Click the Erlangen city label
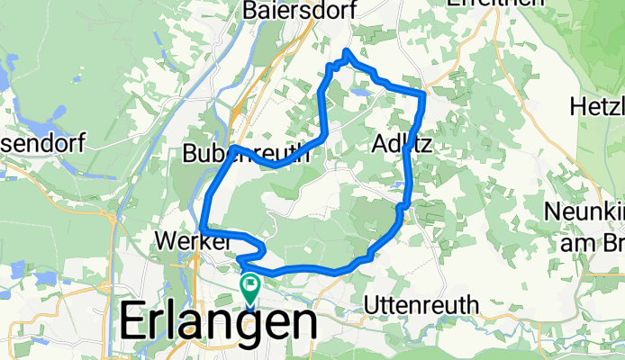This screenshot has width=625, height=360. coord(218,324)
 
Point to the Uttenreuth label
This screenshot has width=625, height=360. coord(421,305)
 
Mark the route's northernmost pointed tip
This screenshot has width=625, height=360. coord(347,51)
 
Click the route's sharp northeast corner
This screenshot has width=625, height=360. coord(423,94)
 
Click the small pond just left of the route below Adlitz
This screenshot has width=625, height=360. coord(397,184)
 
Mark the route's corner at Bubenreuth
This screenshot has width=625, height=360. coord(233,147)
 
